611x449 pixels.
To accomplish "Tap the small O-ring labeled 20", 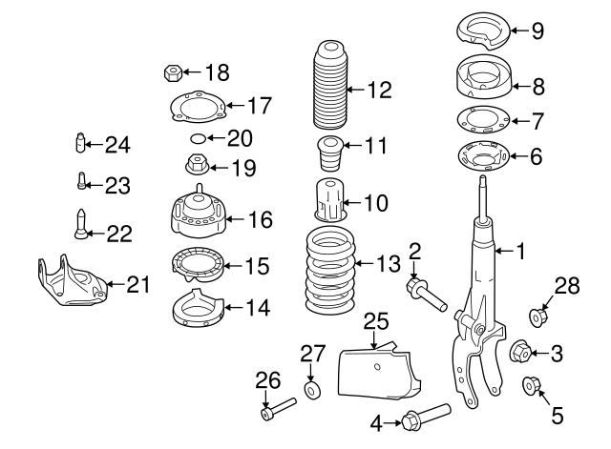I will pyautogui.click(x=196, y=139).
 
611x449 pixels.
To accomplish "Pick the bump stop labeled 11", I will pyautogui.click(x=329, y=153).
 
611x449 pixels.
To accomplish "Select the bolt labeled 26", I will pyautogui.click(x=278, y=413).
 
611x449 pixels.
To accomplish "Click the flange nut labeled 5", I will pyautogui.click(x=531, y=386).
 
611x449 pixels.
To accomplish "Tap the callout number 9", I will pyautogui.click(x=537, y=31).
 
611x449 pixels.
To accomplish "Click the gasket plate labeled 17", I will pyautogui.click(x=195, y=107).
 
